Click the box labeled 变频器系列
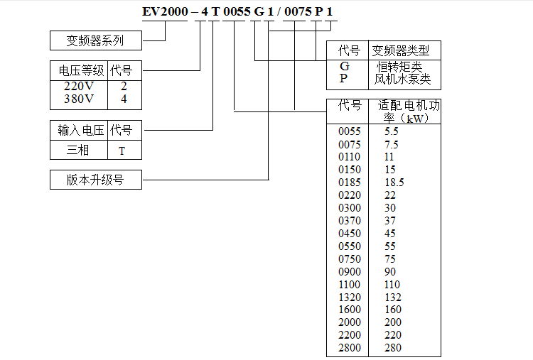pos(96,40)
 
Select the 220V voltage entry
pos(78,86)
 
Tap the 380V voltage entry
pos(78,99)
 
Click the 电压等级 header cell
pos(81,70)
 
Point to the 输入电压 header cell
pos(80,130)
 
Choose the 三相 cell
pos(77,150)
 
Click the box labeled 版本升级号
pos(96,180)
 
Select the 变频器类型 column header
pos(400,50)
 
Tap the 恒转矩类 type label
pos(399,67)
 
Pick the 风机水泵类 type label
pos(402,79)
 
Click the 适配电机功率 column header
pos(408,111)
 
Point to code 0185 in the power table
pos(350,182)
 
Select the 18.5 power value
pos(394,182)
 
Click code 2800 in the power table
pos(350,348)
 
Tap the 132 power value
pos(393,298)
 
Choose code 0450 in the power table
pos(350,234)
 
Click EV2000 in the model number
pos(165,11)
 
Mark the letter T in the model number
pos(215,11)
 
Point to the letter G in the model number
pos(259,11)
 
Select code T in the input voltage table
pos(122,151)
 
